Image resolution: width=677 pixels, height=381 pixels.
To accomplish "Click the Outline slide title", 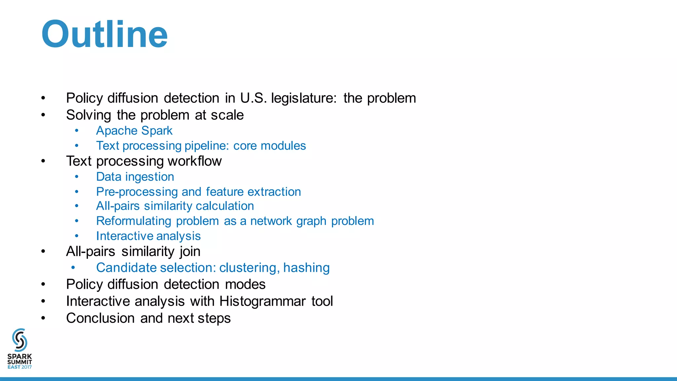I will (x=104, y=34).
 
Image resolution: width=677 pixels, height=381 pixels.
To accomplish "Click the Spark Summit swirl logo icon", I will (x=20, y=340).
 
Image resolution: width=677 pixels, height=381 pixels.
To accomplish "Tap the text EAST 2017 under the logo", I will (x=20, y=367).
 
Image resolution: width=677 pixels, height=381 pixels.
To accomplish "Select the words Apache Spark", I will (x=134, y=131).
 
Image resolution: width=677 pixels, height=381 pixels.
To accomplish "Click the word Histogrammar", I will (x=262, y=301).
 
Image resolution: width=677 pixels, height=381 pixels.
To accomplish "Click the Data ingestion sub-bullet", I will (x=135, y=177).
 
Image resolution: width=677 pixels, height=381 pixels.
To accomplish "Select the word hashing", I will (x=306, y=268).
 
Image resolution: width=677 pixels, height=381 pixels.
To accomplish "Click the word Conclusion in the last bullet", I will (x=100, y=318).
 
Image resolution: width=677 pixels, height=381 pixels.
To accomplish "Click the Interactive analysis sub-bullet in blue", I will (x=148, y=236).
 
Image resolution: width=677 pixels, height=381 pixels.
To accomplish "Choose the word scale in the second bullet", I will (x=227, y=115).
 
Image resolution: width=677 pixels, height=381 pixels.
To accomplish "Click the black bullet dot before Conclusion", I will (x=43, y=318).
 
